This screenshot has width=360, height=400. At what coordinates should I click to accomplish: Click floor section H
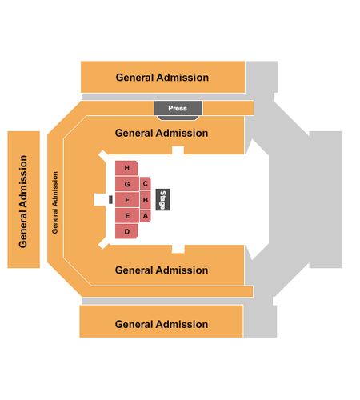[x=126, y=168]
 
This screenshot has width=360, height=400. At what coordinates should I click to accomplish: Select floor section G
[x=127, y=184]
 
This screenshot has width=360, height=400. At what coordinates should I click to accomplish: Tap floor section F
[x=127, y=200]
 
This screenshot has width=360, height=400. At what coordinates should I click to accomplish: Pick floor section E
[x=127, y=215]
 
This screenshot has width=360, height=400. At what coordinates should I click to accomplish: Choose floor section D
[x=126, y=231]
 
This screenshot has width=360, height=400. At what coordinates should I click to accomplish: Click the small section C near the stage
[x=146, y=184]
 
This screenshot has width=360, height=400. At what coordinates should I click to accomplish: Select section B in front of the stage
[x=146, y=200]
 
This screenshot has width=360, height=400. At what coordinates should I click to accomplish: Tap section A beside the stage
[x=146, y=215]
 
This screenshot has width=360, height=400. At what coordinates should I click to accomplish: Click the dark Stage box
[x=162, y=199]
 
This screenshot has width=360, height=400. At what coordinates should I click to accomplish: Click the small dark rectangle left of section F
[x=110, y=200]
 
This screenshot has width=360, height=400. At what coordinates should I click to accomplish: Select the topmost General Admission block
[x=163, y=77]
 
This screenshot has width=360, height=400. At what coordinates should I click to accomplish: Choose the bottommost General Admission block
[x=162, y=322]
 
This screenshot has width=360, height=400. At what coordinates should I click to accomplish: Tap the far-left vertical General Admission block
[x=23, y=199]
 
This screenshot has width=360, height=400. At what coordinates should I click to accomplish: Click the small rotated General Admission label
[x=54, y=202]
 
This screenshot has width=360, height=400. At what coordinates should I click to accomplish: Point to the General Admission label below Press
[x=162, y=133]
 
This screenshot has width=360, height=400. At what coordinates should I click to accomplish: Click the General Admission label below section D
[x=162, y=270]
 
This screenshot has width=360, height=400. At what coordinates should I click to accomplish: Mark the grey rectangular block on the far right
[x=326, y=199]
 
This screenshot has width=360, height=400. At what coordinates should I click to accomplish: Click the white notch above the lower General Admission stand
[x=178, y=249]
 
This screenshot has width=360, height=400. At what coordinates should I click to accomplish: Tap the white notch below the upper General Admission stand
[x=178, y=150]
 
